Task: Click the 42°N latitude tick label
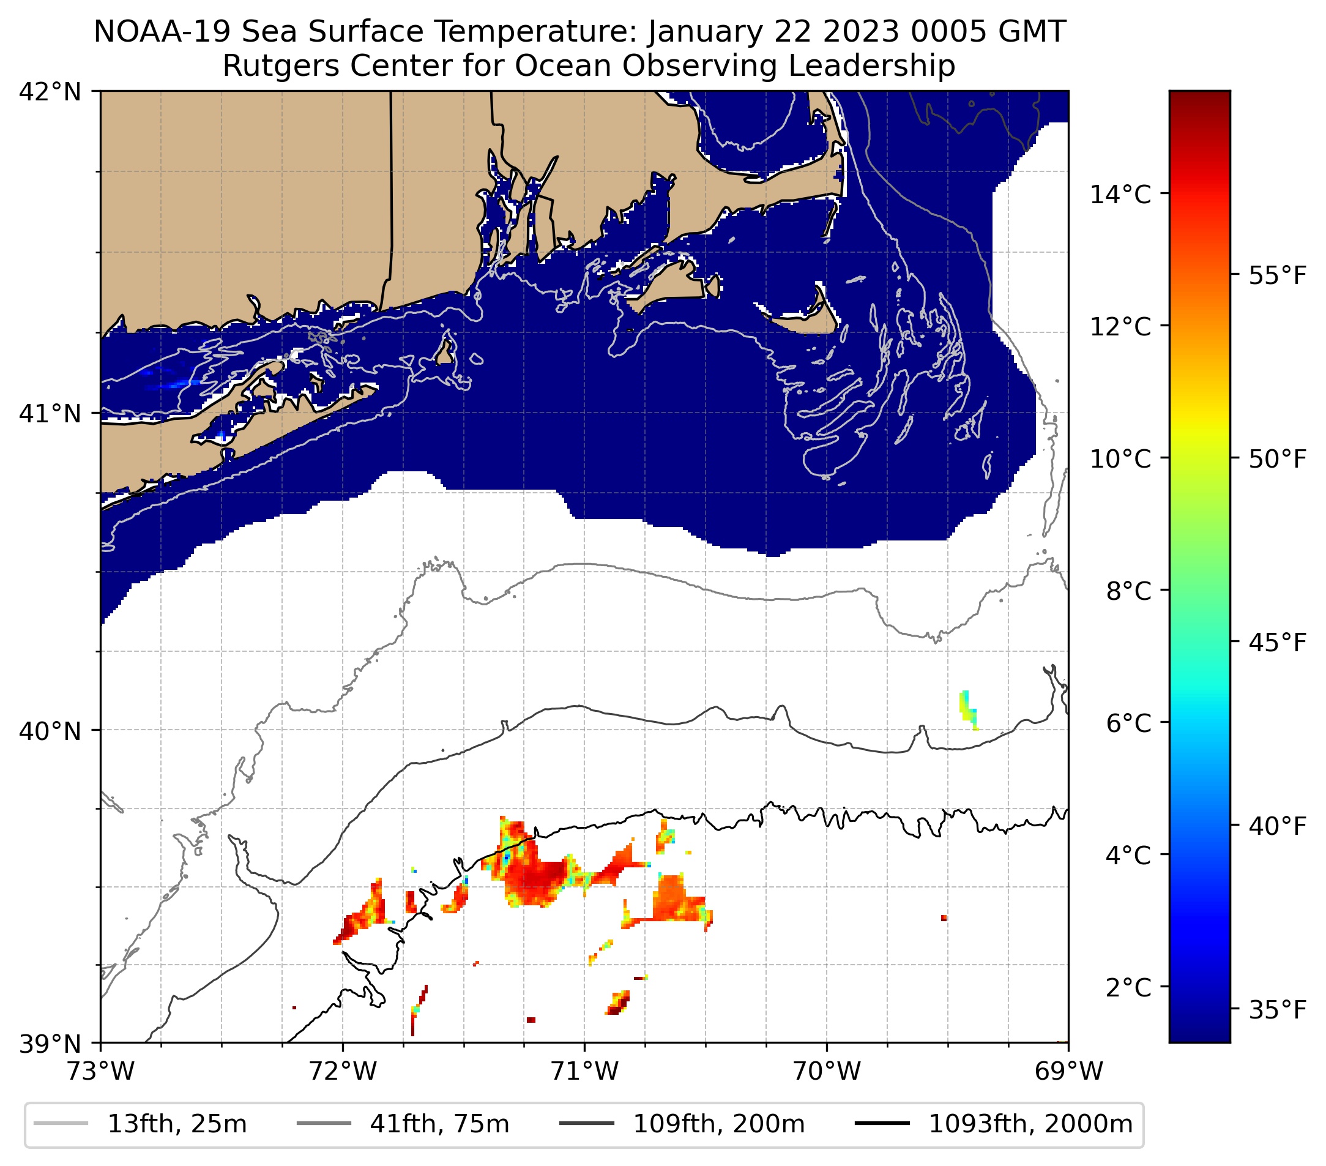[x=50, y=92]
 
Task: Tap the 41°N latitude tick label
[x=50, y=413]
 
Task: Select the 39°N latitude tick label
[x=50, y=1044]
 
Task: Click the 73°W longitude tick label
[x=100, y=1071]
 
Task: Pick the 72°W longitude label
[x=343, y=1071]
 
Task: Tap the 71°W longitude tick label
[x=584, y=1071]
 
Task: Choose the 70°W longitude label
[x=827, y=1071]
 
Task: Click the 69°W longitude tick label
[x=1068, y=1071]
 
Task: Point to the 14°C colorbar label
[x=1120, y=194]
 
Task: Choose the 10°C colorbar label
[x=1120, y=458]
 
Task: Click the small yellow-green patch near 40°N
[x=968, y=709]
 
